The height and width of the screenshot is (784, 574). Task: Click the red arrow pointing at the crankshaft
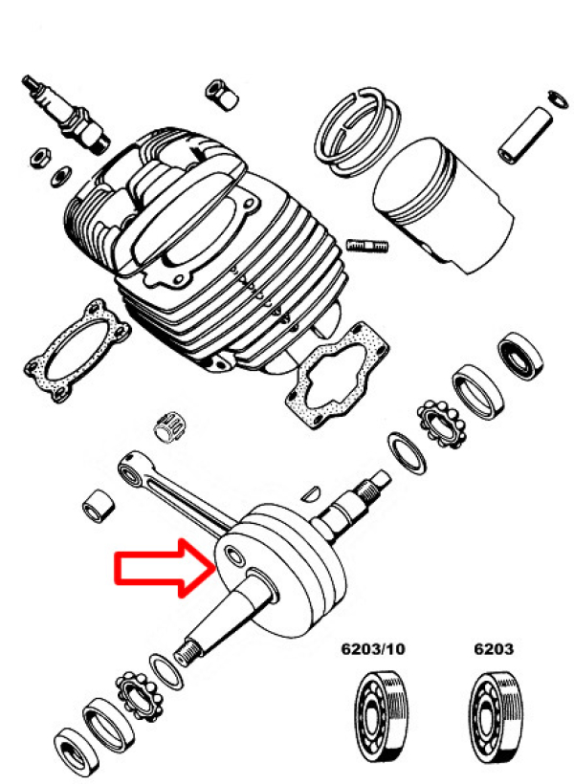166,568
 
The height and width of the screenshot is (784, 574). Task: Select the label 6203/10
373,649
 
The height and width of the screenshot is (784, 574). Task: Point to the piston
442,205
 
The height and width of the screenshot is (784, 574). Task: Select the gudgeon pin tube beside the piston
525,135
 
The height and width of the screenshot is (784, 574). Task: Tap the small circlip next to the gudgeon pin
558,98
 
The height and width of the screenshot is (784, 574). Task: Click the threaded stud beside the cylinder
367,246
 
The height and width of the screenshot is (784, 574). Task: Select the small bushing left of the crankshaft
98,506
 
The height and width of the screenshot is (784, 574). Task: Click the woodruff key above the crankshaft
311,492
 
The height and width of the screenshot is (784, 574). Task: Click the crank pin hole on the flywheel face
235,556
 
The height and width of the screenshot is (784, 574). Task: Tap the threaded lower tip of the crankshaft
187,652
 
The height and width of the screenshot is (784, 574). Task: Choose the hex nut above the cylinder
221,94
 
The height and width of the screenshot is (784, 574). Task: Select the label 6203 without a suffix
494,649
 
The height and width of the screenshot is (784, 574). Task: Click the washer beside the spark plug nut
61,176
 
